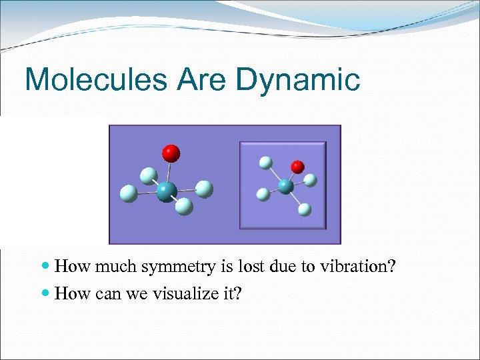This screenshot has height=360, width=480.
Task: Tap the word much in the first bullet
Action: point(108,267)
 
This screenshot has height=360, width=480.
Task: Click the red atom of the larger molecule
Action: point(171,153)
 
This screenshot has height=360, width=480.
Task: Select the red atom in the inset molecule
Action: point(298,166)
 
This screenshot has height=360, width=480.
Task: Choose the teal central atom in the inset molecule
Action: point(286,186)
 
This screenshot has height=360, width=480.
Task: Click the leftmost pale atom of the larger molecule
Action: point(128,194)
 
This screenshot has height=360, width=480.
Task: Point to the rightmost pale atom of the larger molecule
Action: point(205,189)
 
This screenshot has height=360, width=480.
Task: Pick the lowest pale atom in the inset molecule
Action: point(305,209)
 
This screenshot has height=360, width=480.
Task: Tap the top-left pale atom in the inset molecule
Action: point(266,162)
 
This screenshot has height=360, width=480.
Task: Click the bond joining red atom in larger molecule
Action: point(169,171)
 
